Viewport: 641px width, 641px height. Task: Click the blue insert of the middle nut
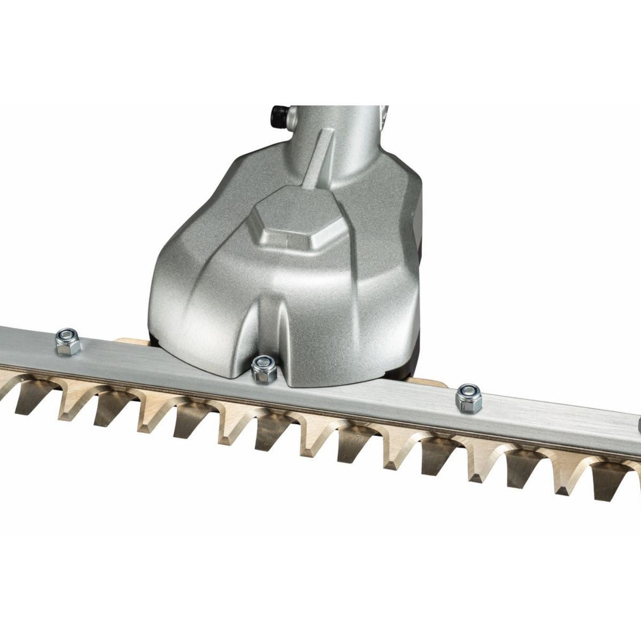(263, 363)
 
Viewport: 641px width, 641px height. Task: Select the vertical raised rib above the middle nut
(267, 326)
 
